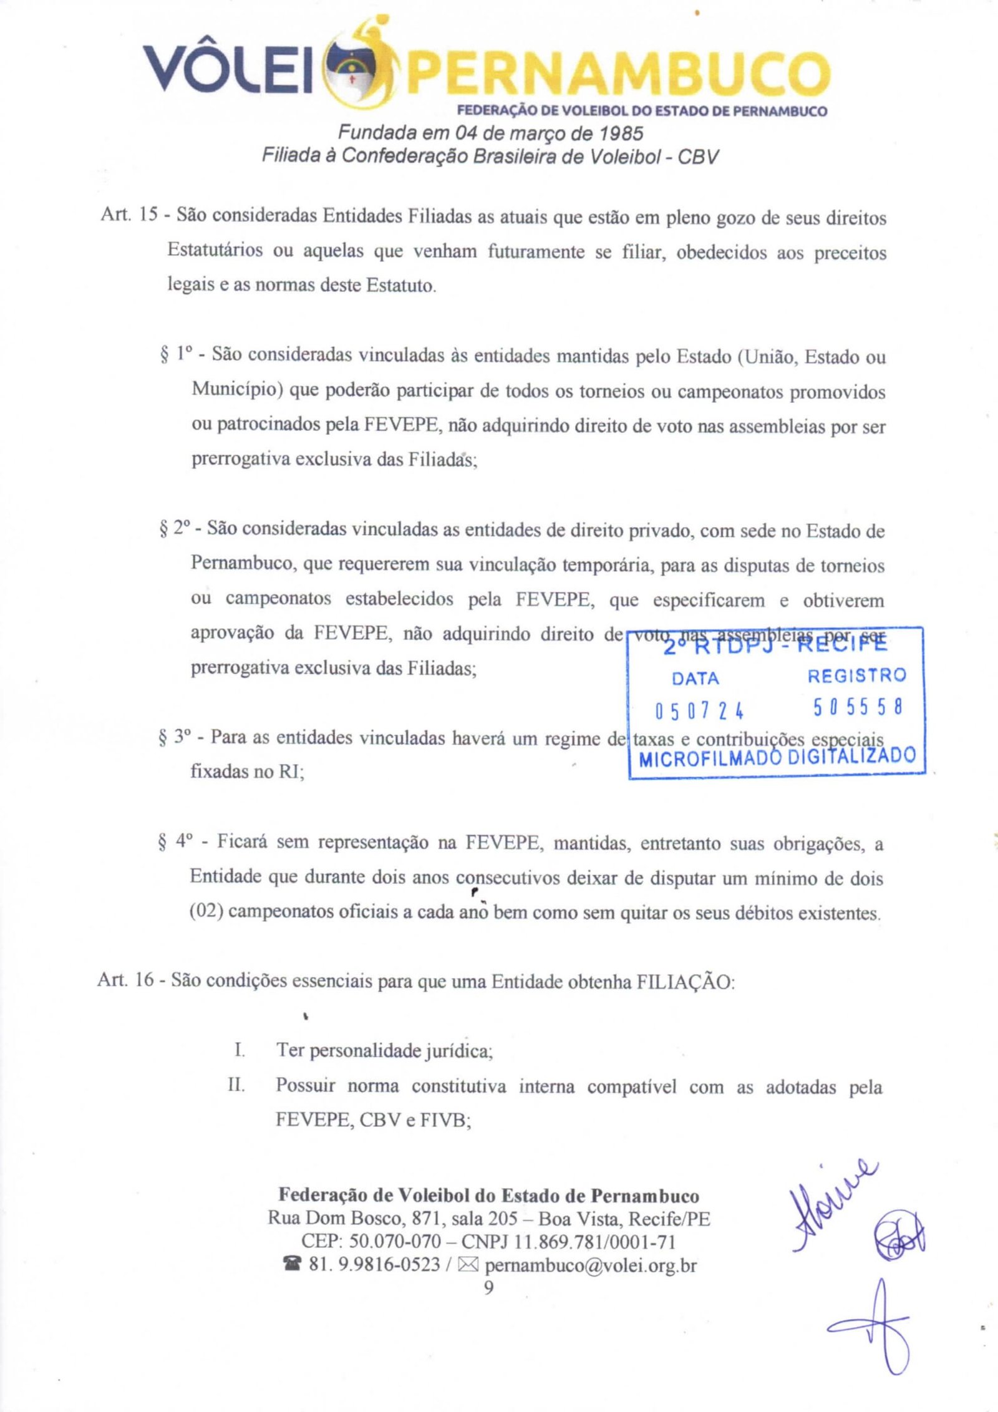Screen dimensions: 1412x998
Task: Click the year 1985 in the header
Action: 621,133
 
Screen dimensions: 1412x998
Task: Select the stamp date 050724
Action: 699,711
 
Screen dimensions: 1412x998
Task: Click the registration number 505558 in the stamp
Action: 858,707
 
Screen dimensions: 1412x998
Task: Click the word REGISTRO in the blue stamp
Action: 856,675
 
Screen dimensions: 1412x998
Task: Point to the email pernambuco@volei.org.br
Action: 590,1265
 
